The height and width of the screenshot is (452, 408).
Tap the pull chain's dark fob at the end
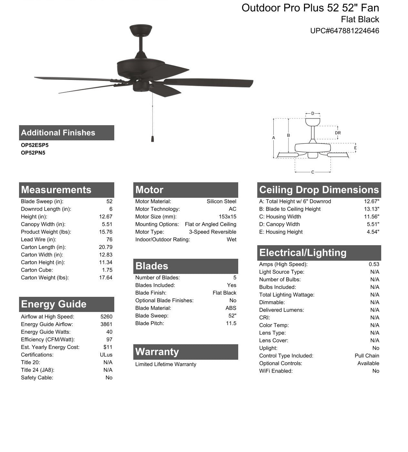click(152, 138)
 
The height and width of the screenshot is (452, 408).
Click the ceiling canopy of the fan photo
click(141, 30)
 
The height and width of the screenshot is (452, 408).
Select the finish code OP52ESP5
click(35, 145)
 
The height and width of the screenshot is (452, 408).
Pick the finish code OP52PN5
click(33, 153)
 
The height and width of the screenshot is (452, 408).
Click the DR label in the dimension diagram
click(338, 133)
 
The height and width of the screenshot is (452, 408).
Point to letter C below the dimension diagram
click(312, 172)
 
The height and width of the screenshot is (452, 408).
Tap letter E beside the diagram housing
click(355, 148)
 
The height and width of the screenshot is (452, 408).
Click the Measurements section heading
click(56, 190)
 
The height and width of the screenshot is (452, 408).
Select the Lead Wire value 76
click(109, 239)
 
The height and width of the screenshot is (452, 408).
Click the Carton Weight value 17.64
click(106, 277)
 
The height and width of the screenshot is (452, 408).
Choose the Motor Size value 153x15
click(227, 217)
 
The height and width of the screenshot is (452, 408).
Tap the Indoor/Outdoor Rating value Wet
click(231, 239)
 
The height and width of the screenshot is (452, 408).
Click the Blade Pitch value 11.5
click(231, 323)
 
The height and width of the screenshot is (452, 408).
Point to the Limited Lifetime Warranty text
click(166, 364)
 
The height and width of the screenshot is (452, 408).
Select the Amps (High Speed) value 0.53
click(374, 264)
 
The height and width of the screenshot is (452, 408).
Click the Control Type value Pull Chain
click(367, 356)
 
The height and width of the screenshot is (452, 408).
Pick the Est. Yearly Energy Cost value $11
click(108, 347)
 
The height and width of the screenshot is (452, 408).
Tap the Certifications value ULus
click(106, 355)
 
